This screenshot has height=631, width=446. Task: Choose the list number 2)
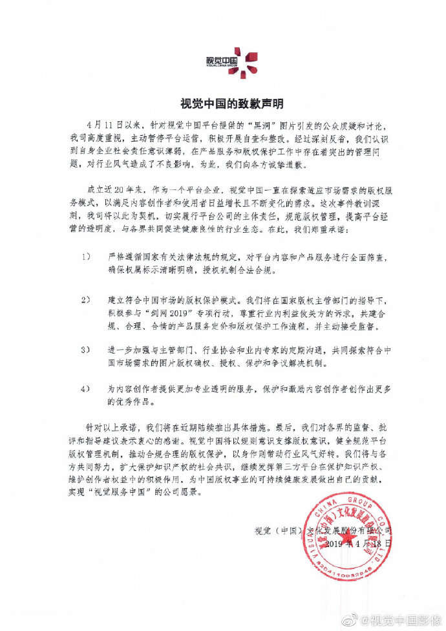click(86, 302)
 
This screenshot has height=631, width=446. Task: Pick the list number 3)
click(86, 349)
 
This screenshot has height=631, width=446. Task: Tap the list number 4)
click(86, 390)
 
